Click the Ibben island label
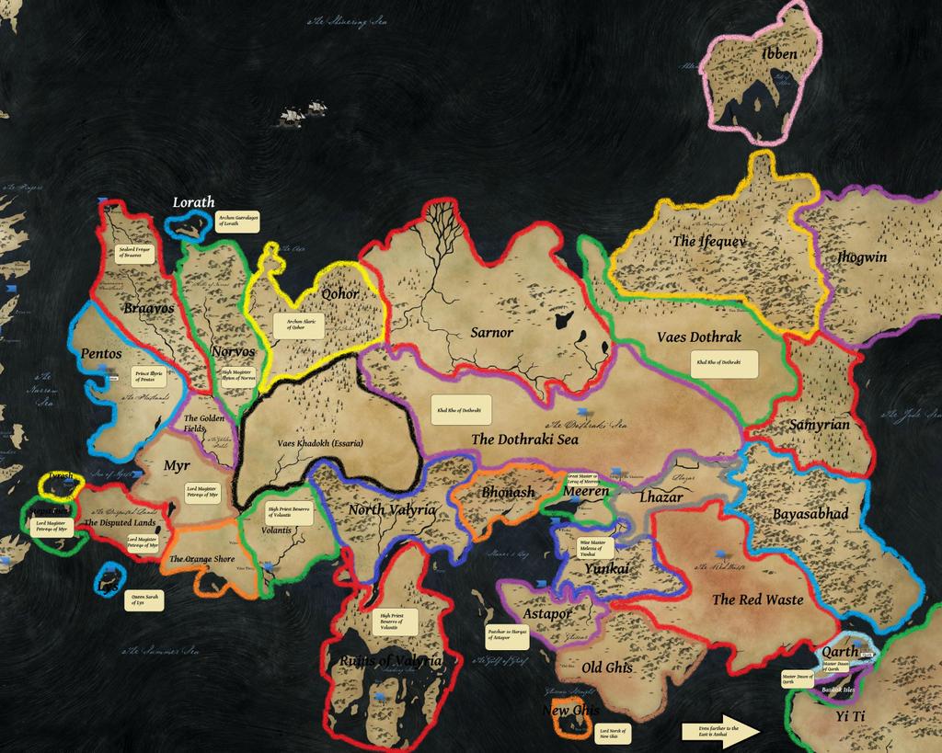779,54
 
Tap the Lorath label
193,202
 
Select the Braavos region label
148,309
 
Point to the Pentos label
101,353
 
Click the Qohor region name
340,295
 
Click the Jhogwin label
862,257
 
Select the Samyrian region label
819,425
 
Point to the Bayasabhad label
810,513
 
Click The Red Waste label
757,599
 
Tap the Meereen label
586,492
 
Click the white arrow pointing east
720,731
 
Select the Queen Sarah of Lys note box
144,601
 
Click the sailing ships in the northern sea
304,114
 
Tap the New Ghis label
570,711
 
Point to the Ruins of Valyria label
391,662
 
